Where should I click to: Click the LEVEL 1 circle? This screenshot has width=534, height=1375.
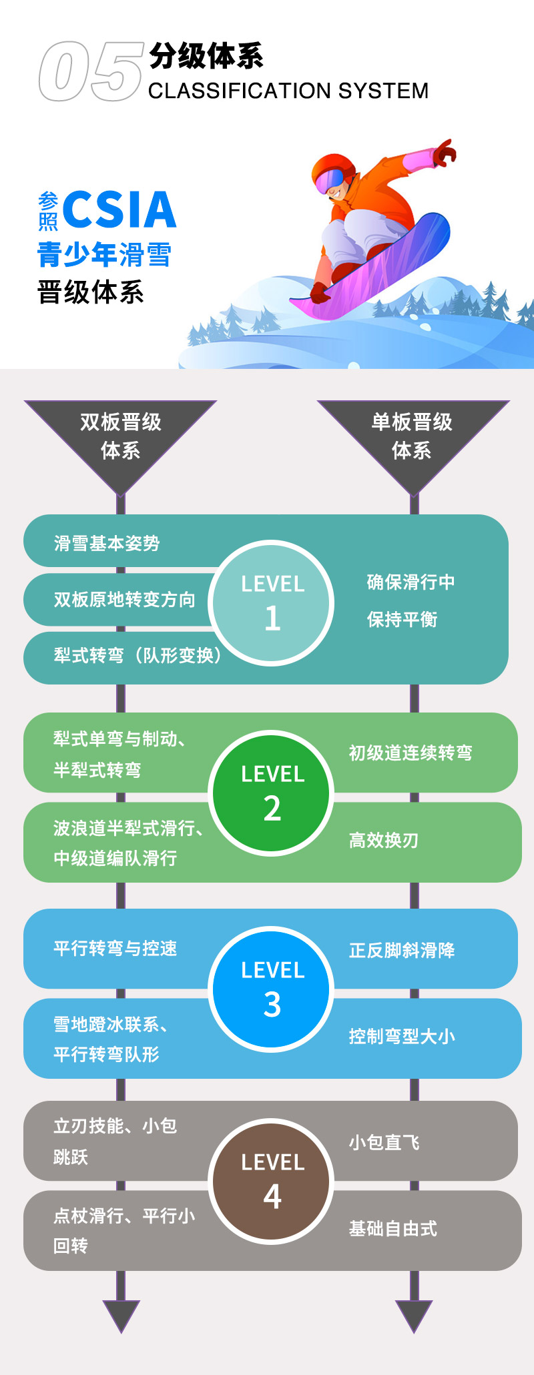coord(272,603)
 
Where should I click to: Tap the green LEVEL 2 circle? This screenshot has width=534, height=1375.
coord(272,793)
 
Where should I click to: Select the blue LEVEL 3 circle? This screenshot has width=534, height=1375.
coord(272,989)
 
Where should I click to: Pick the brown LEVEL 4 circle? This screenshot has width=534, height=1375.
coord(272,1182)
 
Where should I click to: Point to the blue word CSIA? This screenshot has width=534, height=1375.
coord(119,209)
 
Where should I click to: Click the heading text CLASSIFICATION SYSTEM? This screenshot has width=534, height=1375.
coord(288,91)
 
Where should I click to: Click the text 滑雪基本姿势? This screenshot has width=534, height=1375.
coord(107,544)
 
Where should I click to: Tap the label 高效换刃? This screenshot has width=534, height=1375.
coord(384,840)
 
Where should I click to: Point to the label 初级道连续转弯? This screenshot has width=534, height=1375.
coord(411,753)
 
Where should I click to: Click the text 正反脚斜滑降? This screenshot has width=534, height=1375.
coord(402,950)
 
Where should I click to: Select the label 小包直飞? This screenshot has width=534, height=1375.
coord(384,1143)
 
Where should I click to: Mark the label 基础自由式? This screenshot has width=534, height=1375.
coord(393,1228)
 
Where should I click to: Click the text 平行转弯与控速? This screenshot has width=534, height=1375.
coord(115,948)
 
